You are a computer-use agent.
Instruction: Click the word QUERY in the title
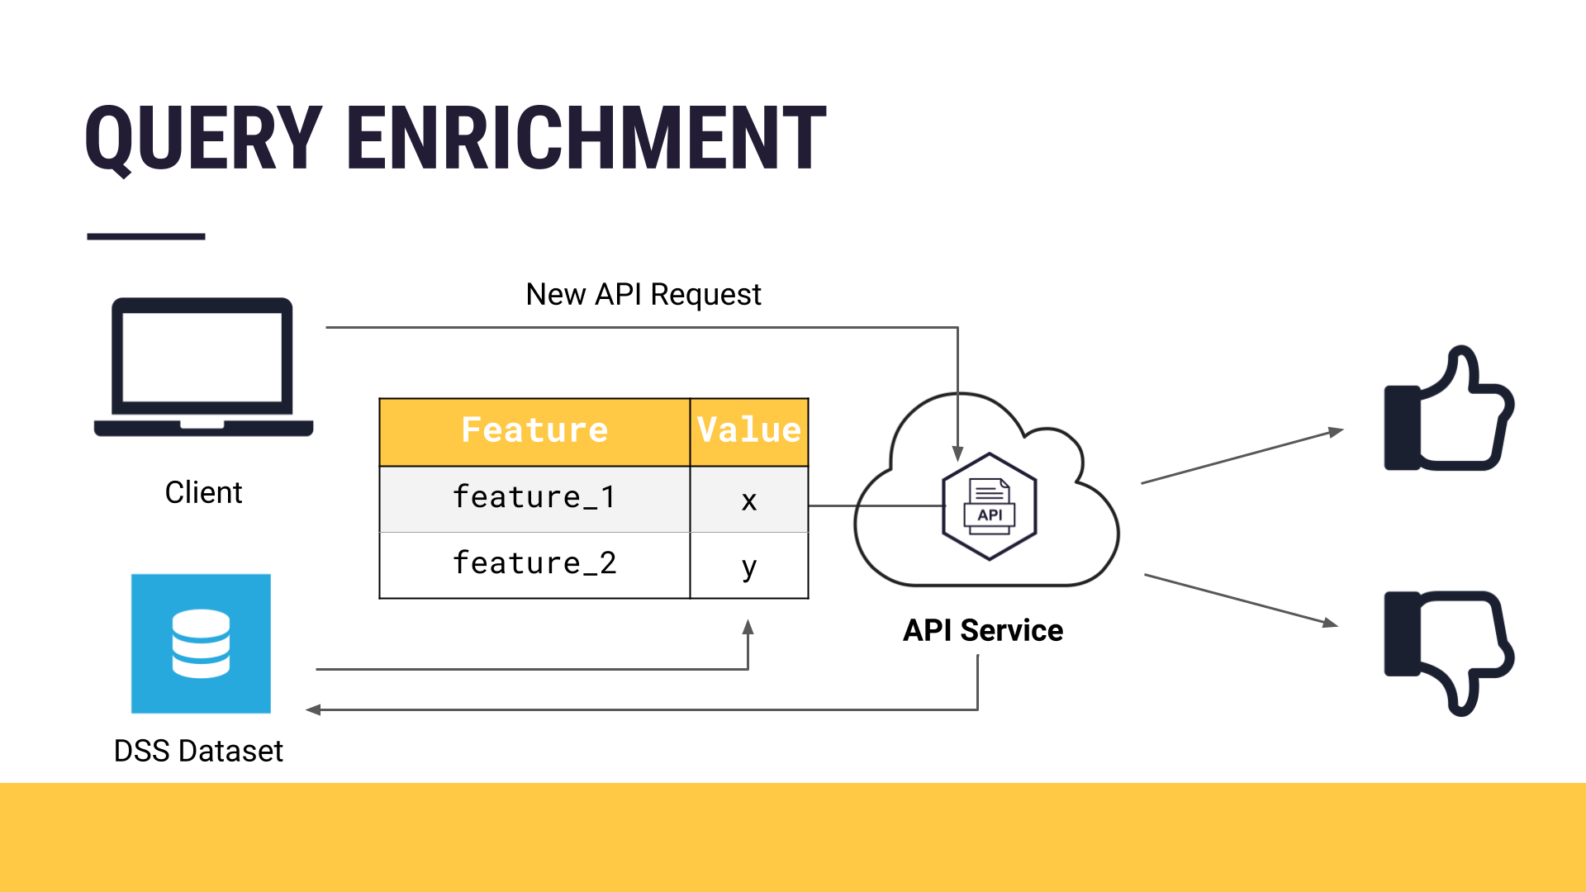203,138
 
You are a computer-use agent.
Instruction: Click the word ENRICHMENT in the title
586,138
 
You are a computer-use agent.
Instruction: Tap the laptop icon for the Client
203,367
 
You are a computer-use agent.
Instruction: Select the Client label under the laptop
203,492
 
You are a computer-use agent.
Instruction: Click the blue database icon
201,643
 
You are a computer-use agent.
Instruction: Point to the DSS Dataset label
198,751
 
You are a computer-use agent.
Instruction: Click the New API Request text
643,294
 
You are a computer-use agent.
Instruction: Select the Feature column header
534,430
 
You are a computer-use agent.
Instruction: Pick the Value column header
748,430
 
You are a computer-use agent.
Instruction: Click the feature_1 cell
534,498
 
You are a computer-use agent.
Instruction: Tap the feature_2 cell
534,564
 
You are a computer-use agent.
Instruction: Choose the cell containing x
748,500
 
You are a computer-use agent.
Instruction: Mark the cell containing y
748,567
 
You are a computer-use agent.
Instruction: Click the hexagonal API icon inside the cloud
990,506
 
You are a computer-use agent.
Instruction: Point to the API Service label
982,630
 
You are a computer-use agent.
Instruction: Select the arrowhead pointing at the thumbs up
1336,432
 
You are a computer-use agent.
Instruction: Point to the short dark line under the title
146,236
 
